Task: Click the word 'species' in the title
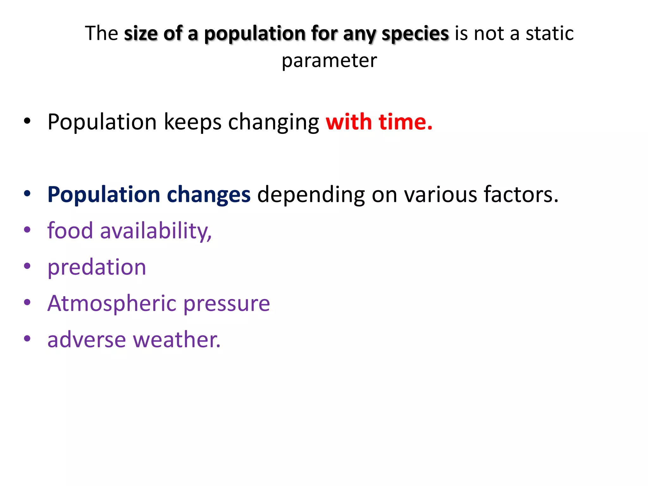coord(415,34)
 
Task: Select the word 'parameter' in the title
coord(329,60)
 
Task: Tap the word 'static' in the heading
coord(550,34)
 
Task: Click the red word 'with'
coord(349,122)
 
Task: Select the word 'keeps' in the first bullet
coord(192,123)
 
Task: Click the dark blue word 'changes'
coord(209,195)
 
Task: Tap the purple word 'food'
coord(70,231)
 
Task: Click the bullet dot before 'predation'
coord(27,266)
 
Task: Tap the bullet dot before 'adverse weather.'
coord(27,339)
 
